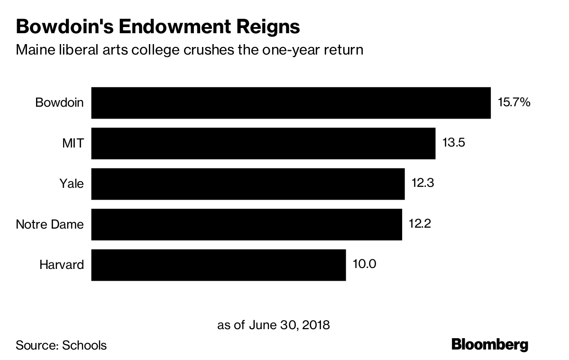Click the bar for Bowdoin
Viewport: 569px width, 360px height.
[x=291, y=102]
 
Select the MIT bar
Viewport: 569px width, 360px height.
[x=263, y=143]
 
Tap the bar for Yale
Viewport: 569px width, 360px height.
[x=248, y=184]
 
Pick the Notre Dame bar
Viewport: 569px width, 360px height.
[x=247, y=224]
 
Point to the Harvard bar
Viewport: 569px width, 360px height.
[x=218, y=265]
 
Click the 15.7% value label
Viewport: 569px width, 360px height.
[x=514, y=102]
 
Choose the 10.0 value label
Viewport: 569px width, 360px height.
[x=364, y=264]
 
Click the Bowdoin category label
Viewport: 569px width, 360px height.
[x=60, y=102]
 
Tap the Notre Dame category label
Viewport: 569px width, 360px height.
[x=50, y=224]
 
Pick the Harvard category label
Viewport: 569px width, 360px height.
[x=62, y=265]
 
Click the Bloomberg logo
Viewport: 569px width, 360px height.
[x=490, y=344]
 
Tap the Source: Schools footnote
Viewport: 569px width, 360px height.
[x=61, y=345]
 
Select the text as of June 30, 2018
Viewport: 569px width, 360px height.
[x=273, y=325]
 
